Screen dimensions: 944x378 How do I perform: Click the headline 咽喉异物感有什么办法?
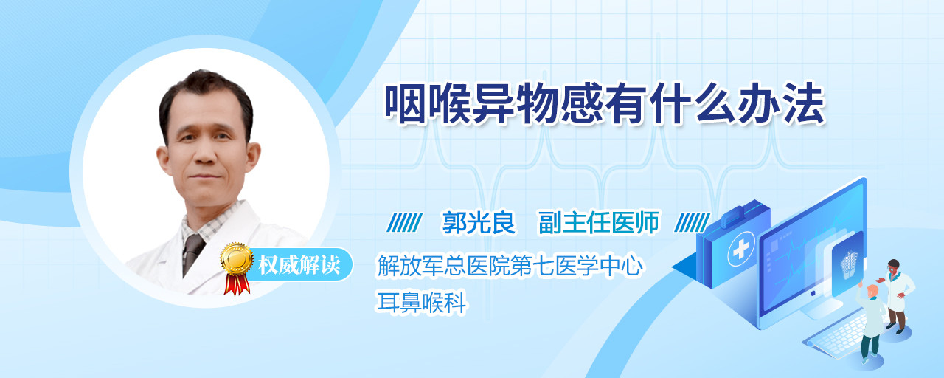(x=604, y=104)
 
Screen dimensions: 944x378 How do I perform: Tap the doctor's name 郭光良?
(x=479, y=222)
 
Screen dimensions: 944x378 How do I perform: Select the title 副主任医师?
(x=599, y=222)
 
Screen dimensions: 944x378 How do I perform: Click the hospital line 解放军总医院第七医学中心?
(x=510, y=266)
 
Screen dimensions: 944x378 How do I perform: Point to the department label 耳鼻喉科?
(x=421, y=303)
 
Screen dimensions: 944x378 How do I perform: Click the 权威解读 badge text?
(x=299, y=265)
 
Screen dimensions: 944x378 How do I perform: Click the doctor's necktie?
(x=192, y=254)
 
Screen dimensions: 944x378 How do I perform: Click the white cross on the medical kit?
(x=740, y=249)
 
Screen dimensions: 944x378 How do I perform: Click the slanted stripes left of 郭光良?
(x=404, y=222)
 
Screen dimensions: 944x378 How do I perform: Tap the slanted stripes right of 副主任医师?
(x=692, y=222)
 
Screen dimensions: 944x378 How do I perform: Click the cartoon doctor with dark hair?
(x=897, y=295)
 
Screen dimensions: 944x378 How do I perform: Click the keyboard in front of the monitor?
(x=839, y=335)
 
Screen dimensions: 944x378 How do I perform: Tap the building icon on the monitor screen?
(x=848, y=262)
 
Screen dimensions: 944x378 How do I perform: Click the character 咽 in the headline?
(x=405, y=104)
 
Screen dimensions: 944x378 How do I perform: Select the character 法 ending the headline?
(x=804, y=104)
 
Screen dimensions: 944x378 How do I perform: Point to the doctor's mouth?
(x=205, y=176)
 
